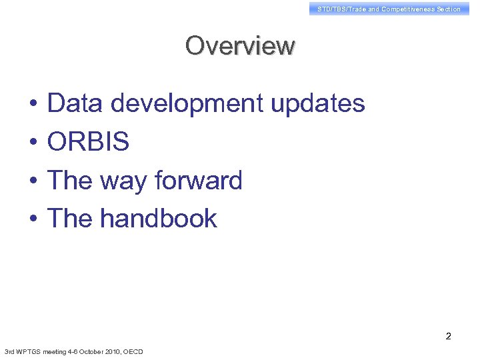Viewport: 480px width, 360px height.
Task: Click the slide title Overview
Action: click(240, 46)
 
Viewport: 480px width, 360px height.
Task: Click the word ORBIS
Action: click(88, 142)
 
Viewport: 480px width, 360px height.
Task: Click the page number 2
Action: click(449, 336)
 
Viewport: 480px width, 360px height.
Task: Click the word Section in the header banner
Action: click(448, 9)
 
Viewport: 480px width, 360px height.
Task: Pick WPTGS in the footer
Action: click(27, 351)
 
